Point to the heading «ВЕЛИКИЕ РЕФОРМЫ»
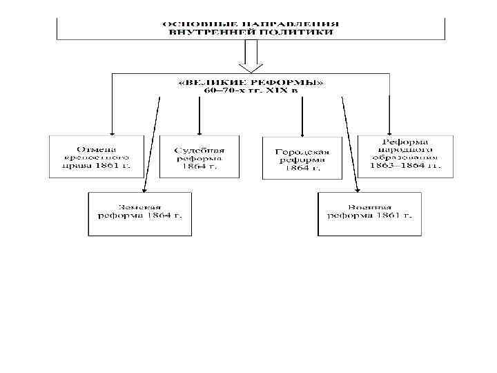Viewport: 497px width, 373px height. (251, 82)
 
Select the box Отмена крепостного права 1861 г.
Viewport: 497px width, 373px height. (96, 157)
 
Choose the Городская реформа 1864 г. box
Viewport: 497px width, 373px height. (302, 159)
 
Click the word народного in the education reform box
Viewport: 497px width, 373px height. (405, 149)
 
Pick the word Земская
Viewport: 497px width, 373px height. (139, 207)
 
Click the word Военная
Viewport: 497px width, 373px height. (369, 207)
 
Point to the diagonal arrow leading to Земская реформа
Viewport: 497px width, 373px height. (152, 145)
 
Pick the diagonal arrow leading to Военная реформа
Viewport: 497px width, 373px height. (349, 145)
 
